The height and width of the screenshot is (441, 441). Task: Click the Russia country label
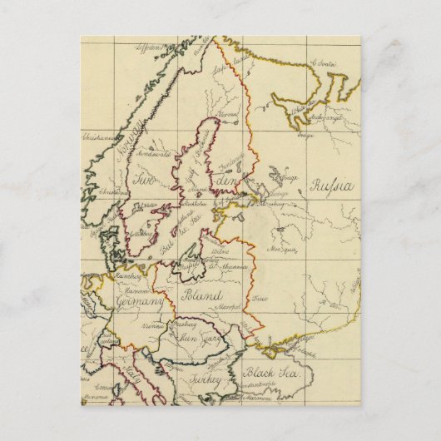coord(332,186)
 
